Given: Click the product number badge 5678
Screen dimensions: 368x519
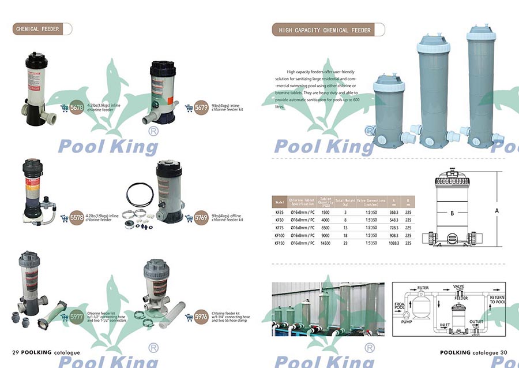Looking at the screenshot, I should tap(77, 107).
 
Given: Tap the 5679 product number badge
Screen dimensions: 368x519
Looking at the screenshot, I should tap(201, 107).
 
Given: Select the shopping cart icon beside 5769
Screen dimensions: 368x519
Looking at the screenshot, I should tap(188, 218).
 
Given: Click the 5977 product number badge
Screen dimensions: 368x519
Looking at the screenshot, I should tap(77, 316).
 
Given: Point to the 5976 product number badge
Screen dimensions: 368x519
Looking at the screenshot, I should tap(201, 317).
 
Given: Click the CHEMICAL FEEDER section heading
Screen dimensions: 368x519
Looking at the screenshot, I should tap(37, 29).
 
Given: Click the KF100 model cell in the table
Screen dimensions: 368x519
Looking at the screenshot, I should tap(280, 236).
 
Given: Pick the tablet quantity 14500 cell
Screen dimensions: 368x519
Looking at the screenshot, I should tap(326, 244).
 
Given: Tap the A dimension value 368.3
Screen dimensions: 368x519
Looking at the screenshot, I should tap(393, 213).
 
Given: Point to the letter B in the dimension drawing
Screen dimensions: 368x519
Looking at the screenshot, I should tap(452, 213).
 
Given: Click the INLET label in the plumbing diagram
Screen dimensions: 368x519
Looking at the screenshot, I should tap(445, 325).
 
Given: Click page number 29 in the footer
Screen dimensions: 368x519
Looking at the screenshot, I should tap(17, 352).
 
